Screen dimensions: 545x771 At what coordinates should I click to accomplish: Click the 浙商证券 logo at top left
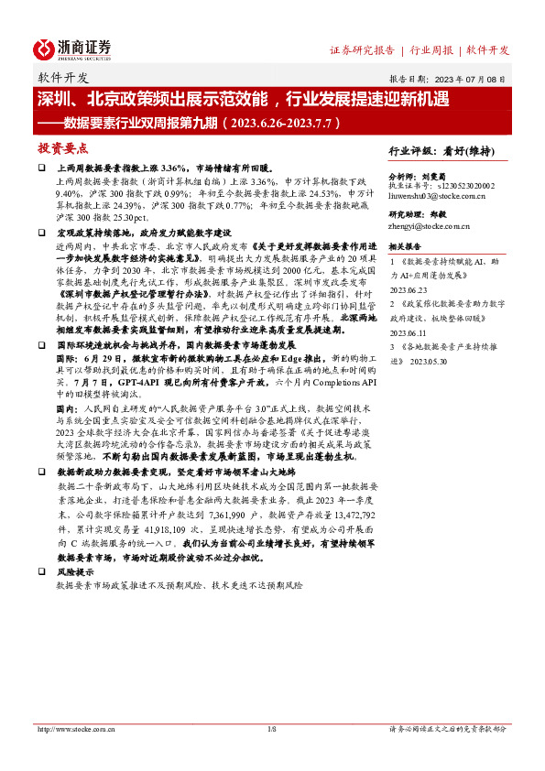pyautogui.click(x=72, y=49)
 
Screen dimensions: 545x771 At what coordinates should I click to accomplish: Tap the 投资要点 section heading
pyautogui.click(x=63, y=147)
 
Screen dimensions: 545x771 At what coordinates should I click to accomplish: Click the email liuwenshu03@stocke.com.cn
pyautogui.click(x=435, y=195)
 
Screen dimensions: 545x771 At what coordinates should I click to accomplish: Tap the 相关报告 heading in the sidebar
pyautogui.click(x=405, y=246)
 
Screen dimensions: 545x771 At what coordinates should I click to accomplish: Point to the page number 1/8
pyautogui.click(x=271, y=729)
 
